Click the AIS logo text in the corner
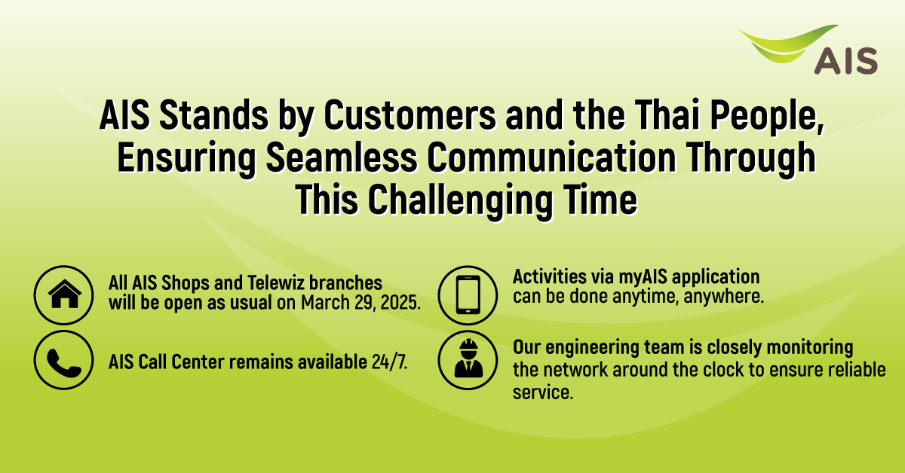pyautogui.click(x=845, y=61)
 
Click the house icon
pyautogui.click(x=65, y=294)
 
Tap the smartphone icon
pyautogui.click(x=468, y=295)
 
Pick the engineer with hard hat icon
pyautogui.click(x=468, y=359)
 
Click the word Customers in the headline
pyautogui.click(x=410, y=115)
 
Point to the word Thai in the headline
pyautogui.click(x=667, y=114)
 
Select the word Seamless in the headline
pyautogui.click(x=342, y=158)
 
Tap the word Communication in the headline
pyautogui.click(x=551, y=158)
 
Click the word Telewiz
pyautogui.click(x=275, y=282)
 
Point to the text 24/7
pyautogui.click(x=389, y=362)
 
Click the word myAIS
pyautogui.click(x=643, y=278)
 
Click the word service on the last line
pyautogui.click(x=543, y=392)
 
